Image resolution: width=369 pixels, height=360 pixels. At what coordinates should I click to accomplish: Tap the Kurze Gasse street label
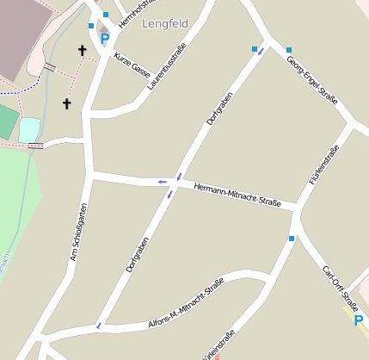coord(132,64)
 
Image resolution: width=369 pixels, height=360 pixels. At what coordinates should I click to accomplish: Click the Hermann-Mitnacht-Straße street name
coord(237,195)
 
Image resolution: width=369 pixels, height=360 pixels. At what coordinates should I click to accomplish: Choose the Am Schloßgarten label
coord(78,232)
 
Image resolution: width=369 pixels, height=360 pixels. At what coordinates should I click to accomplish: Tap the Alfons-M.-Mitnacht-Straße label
coord(185,301)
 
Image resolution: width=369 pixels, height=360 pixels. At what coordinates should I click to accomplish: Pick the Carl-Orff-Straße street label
coord(340,287)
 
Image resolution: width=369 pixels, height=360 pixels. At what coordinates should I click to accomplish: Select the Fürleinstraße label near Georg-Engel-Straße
coord(323,165)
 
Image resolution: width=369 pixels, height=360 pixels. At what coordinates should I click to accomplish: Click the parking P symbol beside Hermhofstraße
coord(105,39)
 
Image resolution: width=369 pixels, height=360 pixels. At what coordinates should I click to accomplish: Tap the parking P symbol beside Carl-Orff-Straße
coord(359,320)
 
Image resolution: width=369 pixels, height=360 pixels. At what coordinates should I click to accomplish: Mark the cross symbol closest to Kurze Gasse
coord(83,51)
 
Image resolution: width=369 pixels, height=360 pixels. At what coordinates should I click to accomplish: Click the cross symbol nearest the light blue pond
coord(66,103)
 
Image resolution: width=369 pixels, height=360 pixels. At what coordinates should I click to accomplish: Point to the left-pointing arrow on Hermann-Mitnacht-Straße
coord(162,182)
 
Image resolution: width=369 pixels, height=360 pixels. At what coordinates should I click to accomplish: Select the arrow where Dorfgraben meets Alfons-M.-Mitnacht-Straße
coord(99,325)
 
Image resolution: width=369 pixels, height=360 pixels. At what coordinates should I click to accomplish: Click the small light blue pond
coord(29,129)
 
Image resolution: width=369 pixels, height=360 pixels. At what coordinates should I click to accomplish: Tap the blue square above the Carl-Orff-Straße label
coord(292,239)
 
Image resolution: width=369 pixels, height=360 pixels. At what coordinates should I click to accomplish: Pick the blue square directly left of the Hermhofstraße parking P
coord(91,26)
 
